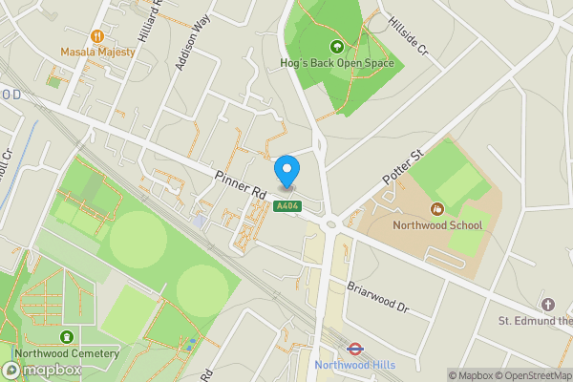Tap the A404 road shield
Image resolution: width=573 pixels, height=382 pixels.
286,206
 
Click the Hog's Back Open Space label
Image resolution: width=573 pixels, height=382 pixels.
336,64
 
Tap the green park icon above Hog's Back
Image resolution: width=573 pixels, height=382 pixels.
336,46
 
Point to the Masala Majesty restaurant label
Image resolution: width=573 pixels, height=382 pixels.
97,52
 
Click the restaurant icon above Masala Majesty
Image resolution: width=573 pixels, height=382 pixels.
98,34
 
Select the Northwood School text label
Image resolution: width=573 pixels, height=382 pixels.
437,225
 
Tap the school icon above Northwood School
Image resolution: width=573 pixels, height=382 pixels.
437,208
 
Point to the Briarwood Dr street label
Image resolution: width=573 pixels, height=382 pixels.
377,297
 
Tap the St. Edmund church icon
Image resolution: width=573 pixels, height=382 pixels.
547,304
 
